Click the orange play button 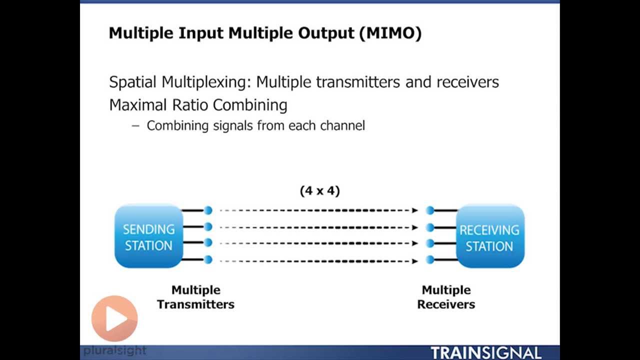(114, 319)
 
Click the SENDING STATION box (148, 236)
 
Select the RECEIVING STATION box (489, 237)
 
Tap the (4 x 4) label (320, 190)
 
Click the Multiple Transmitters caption (195, 297)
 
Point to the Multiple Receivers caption (446, 297)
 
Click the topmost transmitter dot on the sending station (208, 210)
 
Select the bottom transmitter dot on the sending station (208, 259)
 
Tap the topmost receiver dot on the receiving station (430, 210)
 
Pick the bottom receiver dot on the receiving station (430, 259)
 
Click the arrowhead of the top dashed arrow (415, 210)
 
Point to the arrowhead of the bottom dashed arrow (415, 260)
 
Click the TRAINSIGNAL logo (485, 352)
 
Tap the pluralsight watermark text (115, 350)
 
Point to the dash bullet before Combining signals (135, 125)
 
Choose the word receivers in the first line (467, 82)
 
